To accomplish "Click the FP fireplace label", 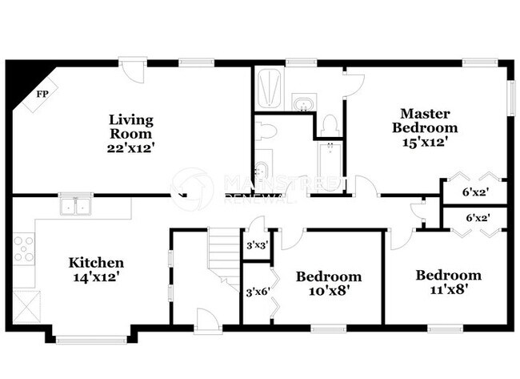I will tap(42, 94).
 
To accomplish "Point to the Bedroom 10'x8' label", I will tap(328, 284).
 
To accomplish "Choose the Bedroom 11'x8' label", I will tap(448, 282).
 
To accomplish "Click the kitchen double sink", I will tap(78, 207).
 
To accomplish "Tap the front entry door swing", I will tap(206, 318).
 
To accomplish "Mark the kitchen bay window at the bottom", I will tap(91, 339).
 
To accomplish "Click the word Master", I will tap(426, 114).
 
